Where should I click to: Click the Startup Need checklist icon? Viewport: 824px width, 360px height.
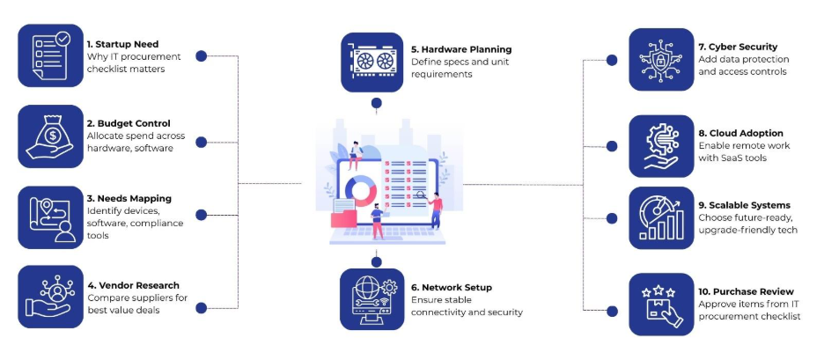coord(49,55)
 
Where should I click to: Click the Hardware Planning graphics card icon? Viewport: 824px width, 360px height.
coord(372,62)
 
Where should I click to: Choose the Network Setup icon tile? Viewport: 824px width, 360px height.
coord(372,299)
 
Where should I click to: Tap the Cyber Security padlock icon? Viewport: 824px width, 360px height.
coord(661,59)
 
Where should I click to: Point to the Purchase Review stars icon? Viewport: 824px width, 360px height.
coord(661,304)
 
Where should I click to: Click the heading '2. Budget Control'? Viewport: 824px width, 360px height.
coord(129,123)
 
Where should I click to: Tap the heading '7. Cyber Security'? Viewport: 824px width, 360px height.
coord(738,47)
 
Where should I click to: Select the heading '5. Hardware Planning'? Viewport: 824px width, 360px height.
coord(461,49)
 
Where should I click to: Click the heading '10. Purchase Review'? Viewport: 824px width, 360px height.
coord(746,291)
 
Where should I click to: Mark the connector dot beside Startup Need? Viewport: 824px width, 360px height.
coord(202,55)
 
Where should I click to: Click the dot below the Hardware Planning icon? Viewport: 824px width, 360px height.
coord(377,103)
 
